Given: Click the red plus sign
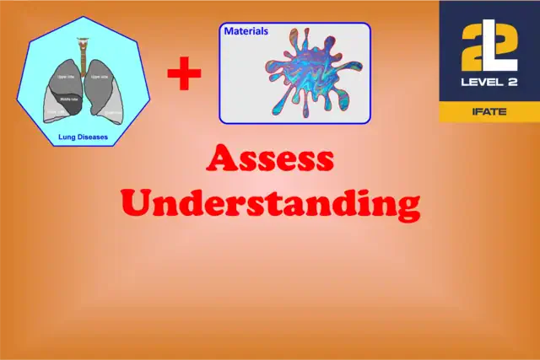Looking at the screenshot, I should (184, 75).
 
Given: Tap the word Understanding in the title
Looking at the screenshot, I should (270, 203).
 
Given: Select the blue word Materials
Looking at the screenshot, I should (246, 31).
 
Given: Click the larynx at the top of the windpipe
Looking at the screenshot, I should (82, 40).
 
